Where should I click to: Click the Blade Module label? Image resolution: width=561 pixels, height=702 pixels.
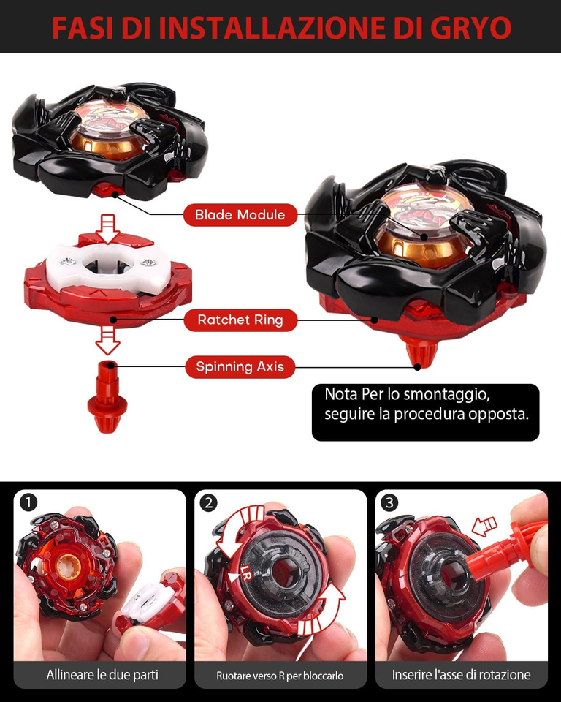240,215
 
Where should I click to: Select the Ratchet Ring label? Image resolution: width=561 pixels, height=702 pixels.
240,320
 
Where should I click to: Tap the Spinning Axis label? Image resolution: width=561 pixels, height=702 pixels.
240,366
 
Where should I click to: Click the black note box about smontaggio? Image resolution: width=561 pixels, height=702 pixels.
425,412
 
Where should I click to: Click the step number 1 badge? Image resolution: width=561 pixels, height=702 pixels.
28,503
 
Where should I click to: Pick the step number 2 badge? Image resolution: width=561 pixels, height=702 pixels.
210,503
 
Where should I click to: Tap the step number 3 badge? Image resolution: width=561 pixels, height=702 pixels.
390,503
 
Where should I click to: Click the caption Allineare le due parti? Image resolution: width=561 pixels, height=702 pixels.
102,674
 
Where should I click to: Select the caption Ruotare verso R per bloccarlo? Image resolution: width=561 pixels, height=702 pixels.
280,675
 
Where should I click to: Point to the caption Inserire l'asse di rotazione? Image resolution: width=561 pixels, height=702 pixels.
461,674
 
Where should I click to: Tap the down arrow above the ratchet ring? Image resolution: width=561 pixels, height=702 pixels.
108,227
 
